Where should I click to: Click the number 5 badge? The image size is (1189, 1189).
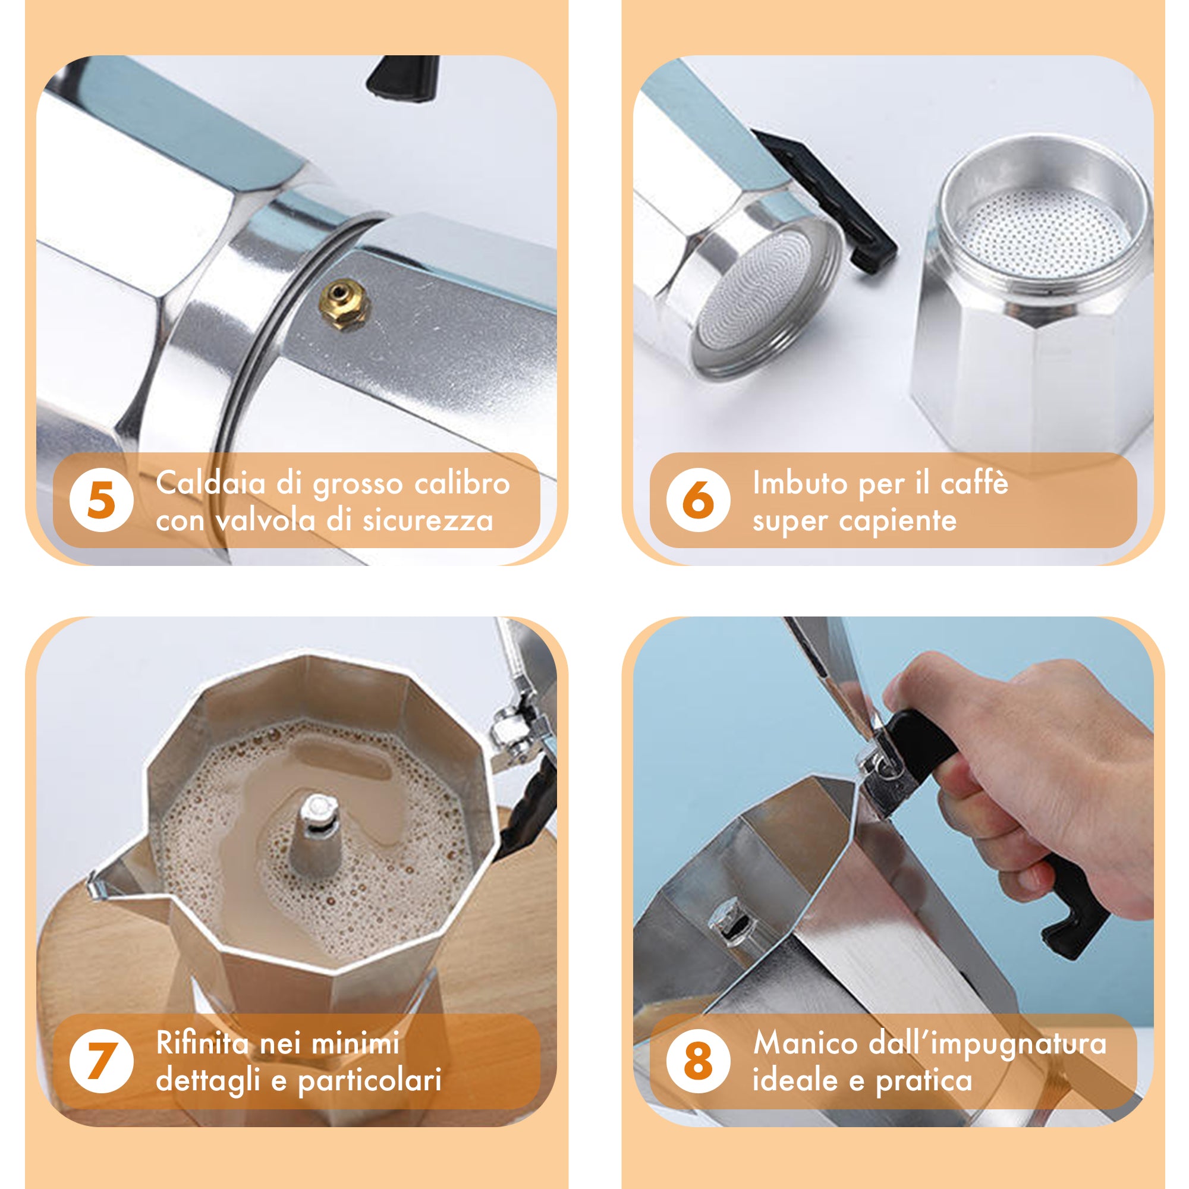[x=102, y=499]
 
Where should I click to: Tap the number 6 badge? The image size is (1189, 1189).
[x=699, y=499]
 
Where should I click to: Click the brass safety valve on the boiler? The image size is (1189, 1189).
[x=344, y=304]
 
